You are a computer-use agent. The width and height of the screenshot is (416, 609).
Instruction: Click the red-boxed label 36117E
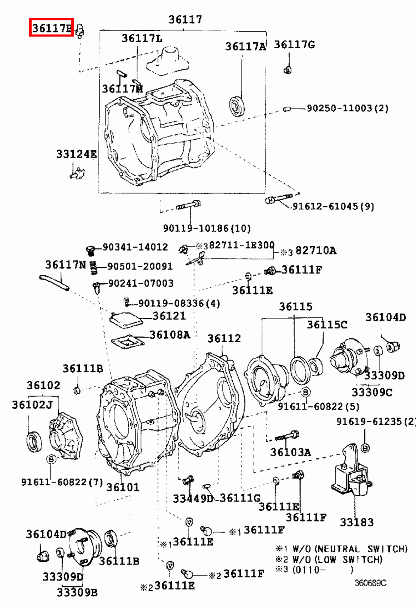(x=51, y=27)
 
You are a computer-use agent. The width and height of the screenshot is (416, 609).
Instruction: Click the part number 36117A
(x=245, y=46)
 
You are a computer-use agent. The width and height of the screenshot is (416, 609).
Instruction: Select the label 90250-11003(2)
(x=348, y=108)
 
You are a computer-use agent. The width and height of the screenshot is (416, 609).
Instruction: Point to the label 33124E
(x=76, y=154)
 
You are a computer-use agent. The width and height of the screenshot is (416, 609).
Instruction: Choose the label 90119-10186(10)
(x=207, y=228)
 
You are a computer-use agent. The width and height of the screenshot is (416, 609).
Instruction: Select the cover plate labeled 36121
(x=125, y=320)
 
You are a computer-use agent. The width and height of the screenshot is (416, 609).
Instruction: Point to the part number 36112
(x=224, y=338)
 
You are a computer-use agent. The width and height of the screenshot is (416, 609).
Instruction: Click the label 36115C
(x=327, y=324)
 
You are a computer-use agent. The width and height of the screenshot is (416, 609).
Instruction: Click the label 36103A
(x=291, y=452)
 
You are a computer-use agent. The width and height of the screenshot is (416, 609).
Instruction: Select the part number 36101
(x=122, y=487)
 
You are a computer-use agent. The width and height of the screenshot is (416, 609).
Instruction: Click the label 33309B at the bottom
(x=77, y=592)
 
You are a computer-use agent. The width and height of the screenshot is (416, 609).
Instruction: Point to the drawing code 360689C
(x=370, y=583)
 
